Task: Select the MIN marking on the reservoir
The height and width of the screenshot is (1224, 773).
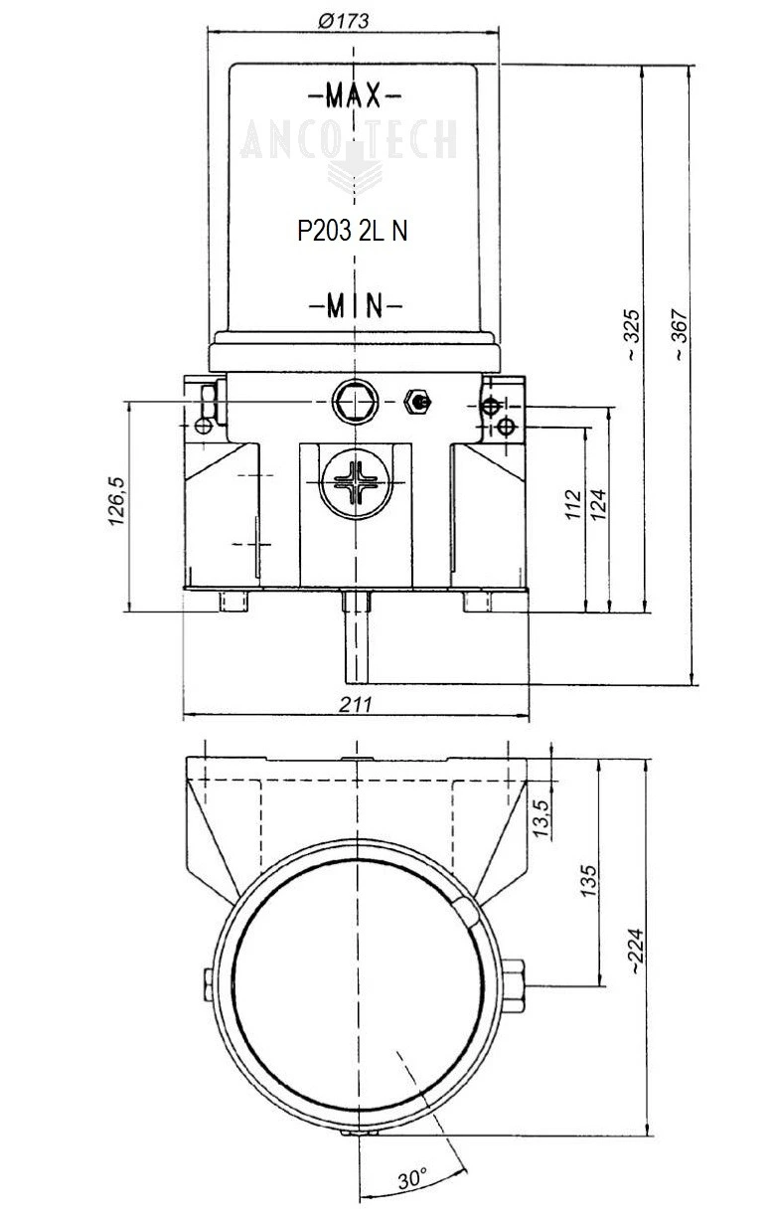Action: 355,305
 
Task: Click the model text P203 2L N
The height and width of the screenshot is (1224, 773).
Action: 353,231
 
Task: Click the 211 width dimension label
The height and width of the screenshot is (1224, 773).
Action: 355,704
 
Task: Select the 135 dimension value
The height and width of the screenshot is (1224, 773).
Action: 589,877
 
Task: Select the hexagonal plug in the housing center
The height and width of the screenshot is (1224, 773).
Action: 354,401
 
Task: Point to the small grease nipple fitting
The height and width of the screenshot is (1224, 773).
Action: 416,402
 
